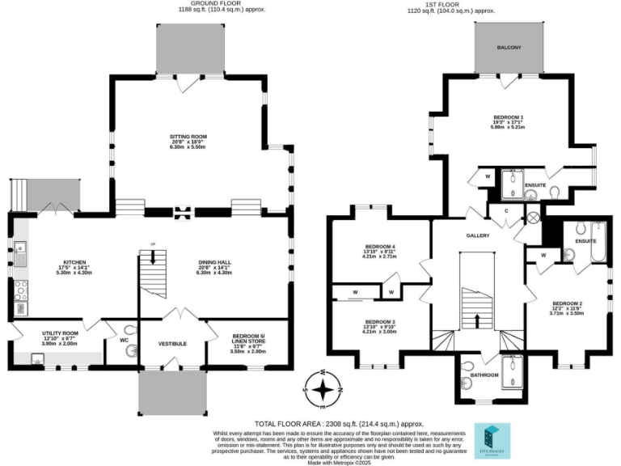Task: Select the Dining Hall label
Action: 214,262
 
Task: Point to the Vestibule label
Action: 172,344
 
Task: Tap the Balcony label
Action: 509,48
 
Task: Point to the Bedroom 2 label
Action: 567,303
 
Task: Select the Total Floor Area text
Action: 340,423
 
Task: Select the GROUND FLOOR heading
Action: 201,3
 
